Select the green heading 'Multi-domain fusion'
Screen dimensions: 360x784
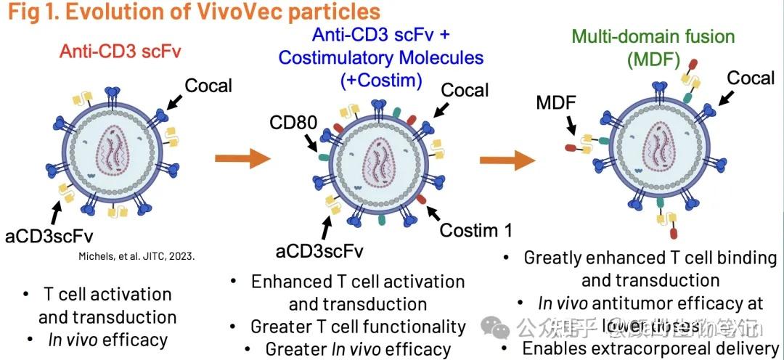pos(653,36)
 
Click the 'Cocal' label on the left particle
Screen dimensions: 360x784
pos(208,85)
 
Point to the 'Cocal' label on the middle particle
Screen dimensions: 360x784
pos(465,90)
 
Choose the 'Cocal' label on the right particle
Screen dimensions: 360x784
pos(751,78)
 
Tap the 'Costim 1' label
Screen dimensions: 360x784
pos(476,231)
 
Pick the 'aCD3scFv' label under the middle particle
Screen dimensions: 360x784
pos(319,251)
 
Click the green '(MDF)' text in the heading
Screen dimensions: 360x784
pos(653,60)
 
